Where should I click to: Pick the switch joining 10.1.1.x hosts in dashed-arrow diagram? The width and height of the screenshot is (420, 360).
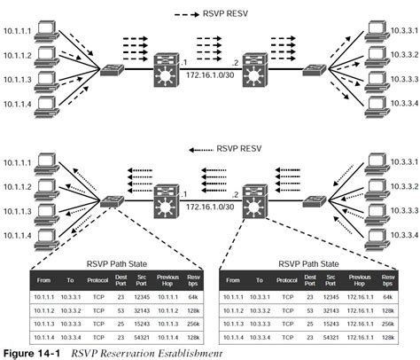point(113,70)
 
